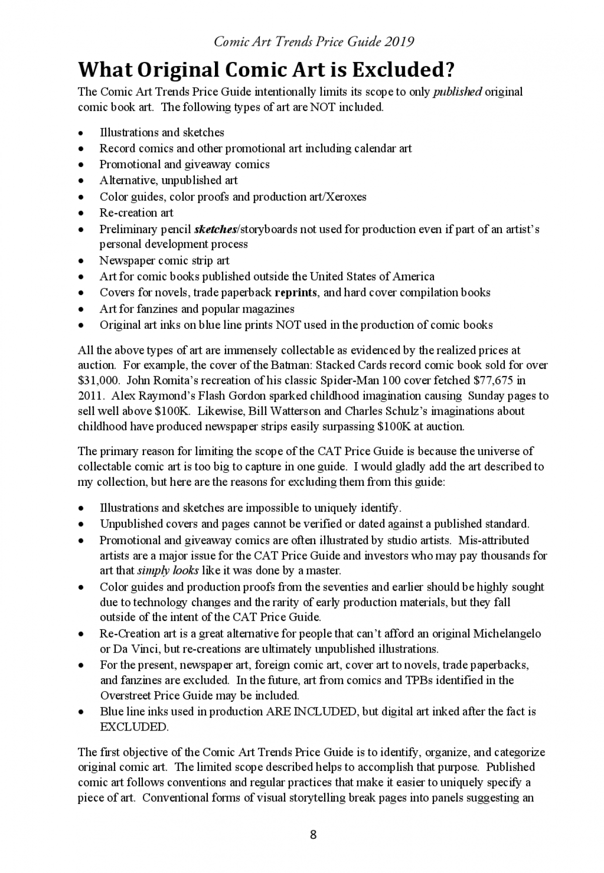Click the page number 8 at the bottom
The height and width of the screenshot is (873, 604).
(x=313, y=835)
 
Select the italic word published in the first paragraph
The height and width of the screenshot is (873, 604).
(x=458, y=92)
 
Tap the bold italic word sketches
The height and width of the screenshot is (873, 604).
(x=215, y=230)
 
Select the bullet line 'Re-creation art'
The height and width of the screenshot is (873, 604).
(x=136, y=212)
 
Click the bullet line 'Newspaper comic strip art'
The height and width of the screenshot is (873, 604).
(x=164, y=260)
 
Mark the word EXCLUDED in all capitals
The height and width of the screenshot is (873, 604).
(x=133, y=728)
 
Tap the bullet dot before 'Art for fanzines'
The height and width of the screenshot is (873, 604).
(x=81, y=309)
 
